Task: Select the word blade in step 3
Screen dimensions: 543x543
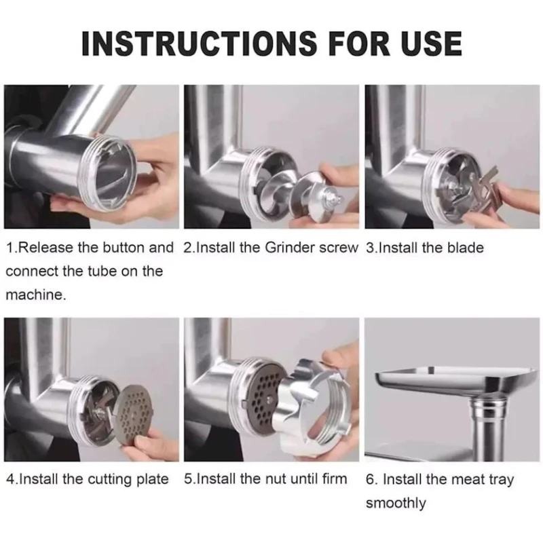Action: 466,248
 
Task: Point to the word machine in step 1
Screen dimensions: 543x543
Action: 35,295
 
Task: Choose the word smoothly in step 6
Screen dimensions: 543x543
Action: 396,504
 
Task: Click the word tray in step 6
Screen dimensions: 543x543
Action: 501,481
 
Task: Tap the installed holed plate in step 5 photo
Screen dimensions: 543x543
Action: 264,395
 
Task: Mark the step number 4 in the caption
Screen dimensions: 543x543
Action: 11,479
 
